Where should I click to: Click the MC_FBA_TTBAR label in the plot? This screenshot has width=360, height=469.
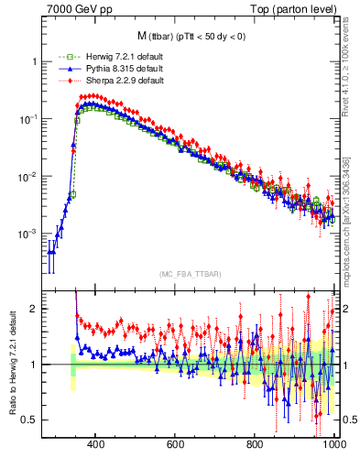point(189,275)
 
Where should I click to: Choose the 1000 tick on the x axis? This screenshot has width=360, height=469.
point(333,445)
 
